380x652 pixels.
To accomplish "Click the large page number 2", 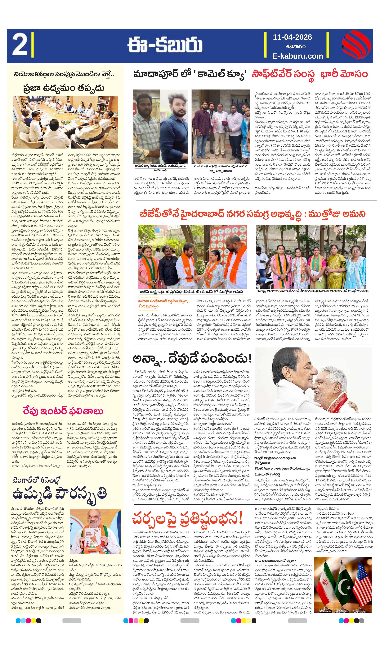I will click(x=19, y=46).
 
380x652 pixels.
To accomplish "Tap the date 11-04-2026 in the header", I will click(x=292, y=37).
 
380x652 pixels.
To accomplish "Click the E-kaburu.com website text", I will click(x=297, y=56).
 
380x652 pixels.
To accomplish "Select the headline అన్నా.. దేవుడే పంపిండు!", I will click(x=192, y=359).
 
